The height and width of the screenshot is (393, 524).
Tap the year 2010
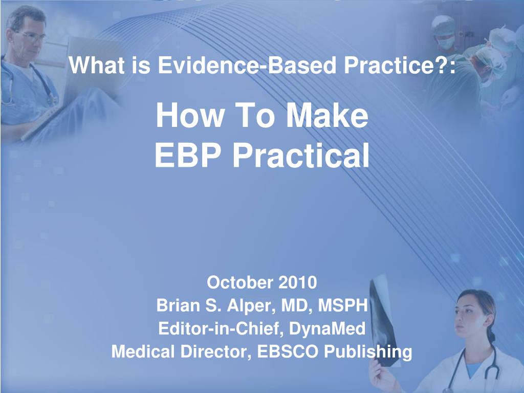[298, 282]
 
